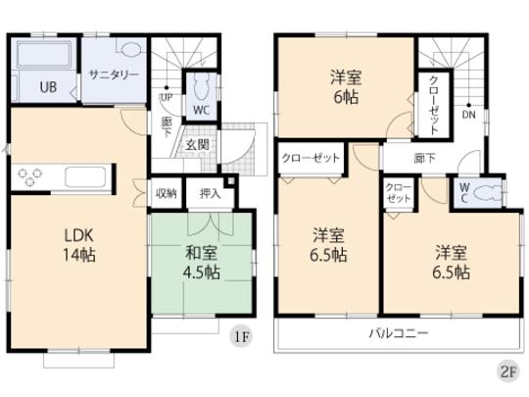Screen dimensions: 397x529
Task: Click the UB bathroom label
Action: click(x=47, y=85)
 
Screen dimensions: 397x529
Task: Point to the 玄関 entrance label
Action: click(x=196, y=145)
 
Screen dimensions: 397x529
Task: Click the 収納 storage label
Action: click(x=166, y=193)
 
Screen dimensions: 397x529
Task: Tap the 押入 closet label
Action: click(x=209, y=193)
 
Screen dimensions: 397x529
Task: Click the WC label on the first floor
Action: click(x=201, y=110)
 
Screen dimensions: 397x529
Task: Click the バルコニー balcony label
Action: click(x=399, y=334)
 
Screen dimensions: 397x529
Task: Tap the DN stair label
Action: click(x=469, y=115)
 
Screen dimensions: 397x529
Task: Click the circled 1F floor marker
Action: click(x=240, y=338)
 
